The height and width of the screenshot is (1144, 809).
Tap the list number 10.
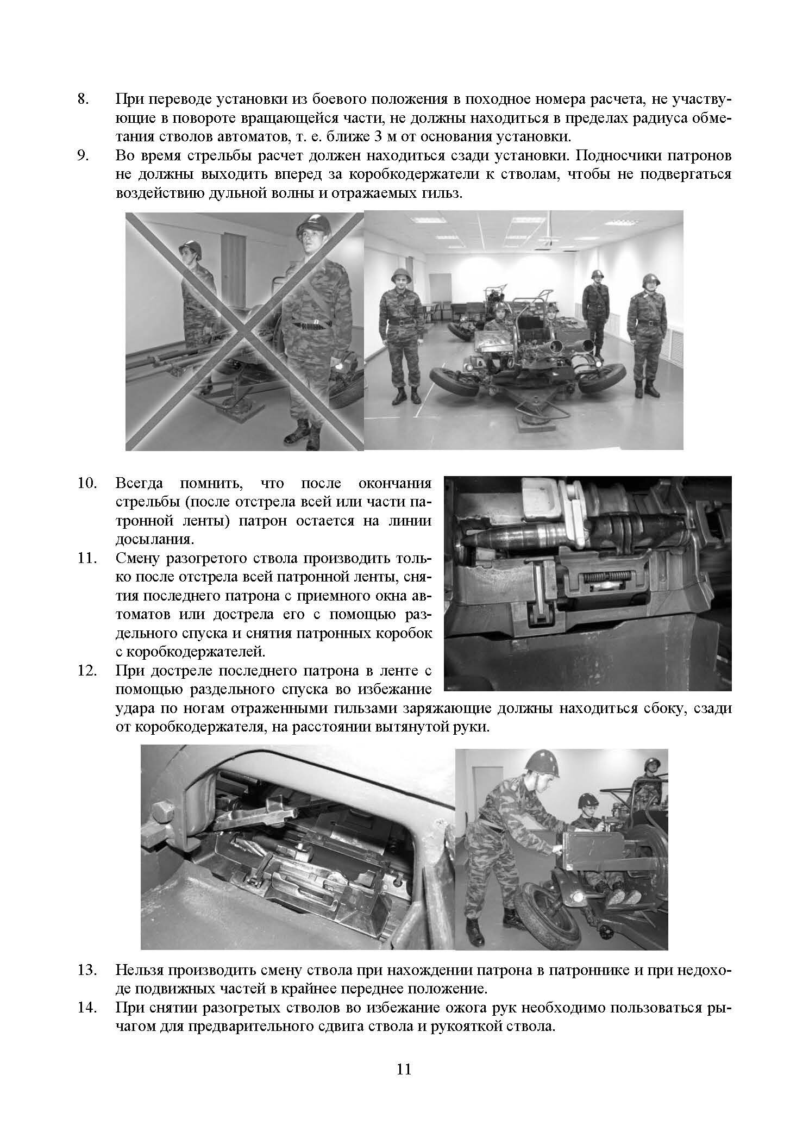(86, 483)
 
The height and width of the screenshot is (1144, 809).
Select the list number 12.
(86, 671)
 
